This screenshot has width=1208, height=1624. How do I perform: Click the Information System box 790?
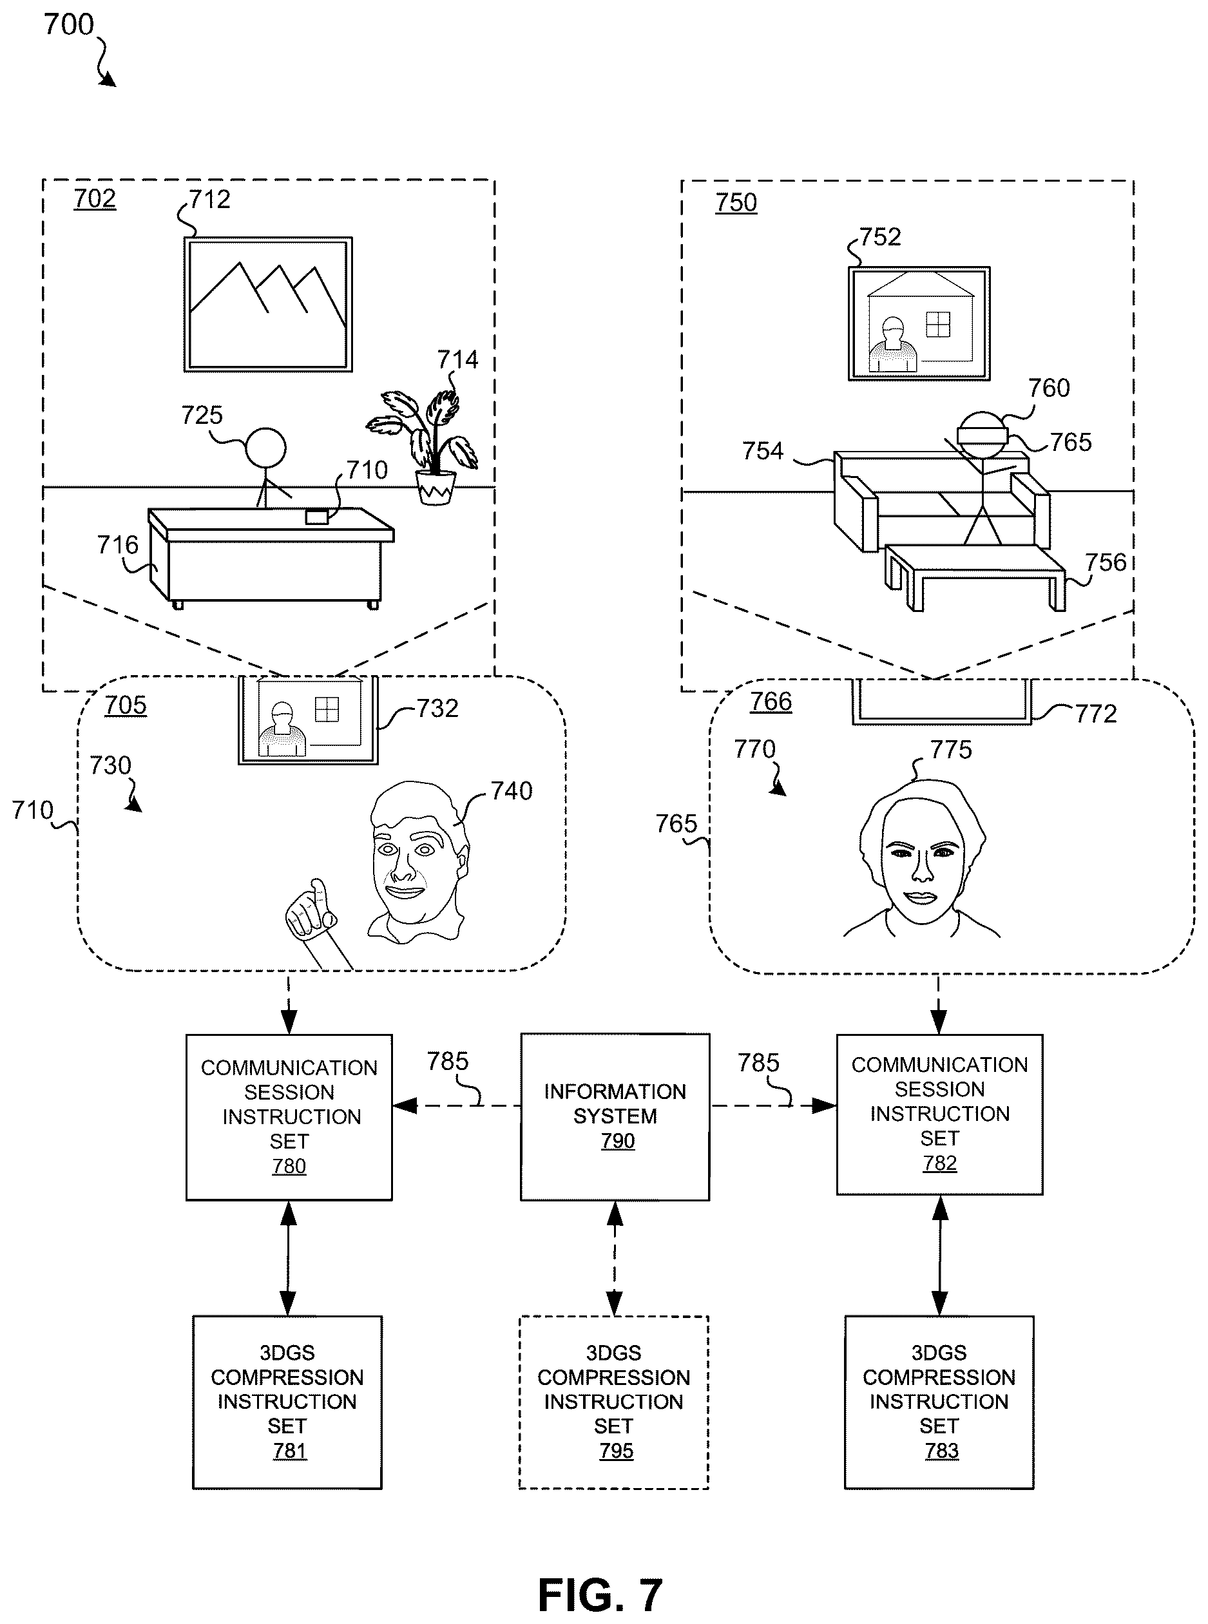click(615, 1116)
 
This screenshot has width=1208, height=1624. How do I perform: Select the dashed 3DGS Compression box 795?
click(613, 1402)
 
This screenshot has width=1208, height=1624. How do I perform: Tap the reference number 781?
click(289, 1451)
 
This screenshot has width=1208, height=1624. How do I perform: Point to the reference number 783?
click(941, 1451)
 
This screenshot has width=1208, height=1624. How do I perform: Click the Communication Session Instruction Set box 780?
click(289, 1117)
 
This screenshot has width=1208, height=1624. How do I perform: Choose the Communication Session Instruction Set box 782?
click(939, 1114)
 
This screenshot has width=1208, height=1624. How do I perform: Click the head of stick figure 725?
click(265, 448)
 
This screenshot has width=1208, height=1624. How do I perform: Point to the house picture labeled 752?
click(919, 323)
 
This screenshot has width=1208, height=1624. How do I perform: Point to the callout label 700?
click(69, 25)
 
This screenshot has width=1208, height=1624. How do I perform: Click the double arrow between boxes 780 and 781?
click(288, 1258)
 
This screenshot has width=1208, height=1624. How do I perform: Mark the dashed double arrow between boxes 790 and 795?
click(615, 1258)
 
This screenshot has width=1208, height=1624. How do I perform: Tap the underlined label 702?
click(94, 199)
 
